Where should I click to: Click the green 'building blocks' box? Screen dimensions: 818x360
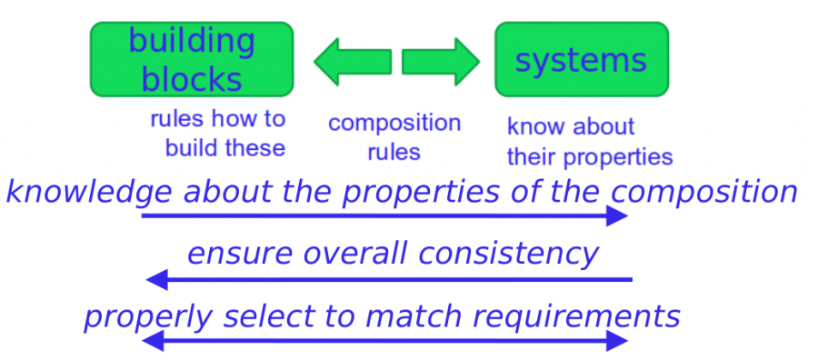[x=192, y=59]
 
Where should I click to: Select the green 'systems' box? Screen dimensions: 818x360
[x=582, y=59]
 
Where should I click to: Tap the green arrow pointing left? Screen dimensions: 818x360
[x=353, y=62]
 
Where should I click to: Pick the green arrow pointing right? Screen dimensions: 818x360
[x=441, y=62]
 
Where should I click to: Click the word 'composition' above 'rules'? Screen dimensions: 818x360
[x=394, y=123]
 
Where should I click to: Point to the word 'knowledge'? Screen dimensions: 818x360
[x=89, y=193]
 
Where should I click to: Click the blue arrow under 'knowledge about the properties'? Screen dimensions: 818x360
[x=384, y=215]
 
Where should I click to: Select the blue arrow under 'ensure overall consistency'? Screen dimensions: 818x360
[x=389, y=280]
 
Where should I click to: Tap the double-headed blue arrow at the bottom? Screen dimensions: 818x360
[x=384, y=341]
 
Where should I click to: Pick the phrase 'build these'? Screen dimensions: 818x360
[x=225, y=147]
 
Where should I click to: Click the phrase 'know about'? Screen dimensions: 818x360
[x=571, y=126]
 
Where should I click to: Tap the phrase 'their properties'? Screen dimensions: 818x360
[x=590, y=157]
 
